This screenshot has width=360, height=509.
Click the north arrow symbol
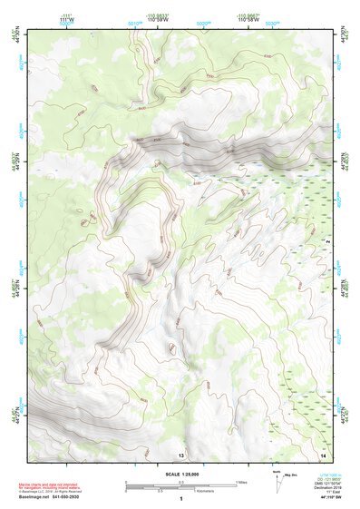276,478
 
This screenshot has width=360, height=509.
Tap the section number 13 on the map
181,454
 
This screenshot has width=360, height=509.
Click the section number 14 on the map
323,454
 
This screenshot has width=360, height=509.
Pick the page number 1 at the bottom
181,498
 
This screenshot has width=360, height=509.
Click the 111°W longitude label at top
64,19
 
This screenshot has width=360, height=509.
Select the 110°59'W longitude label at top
158,19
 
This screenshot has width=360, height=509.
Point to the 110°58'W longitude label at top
249,19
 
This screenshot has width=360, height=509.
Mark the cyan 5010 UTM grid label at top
134,22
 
